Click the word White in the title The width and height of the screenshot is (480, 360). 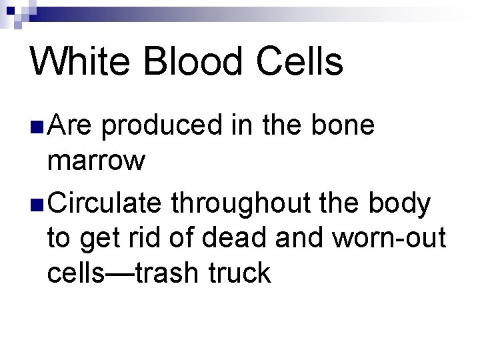point(79,62)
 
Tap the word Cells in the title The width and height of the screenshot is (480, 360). point(299,62)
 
